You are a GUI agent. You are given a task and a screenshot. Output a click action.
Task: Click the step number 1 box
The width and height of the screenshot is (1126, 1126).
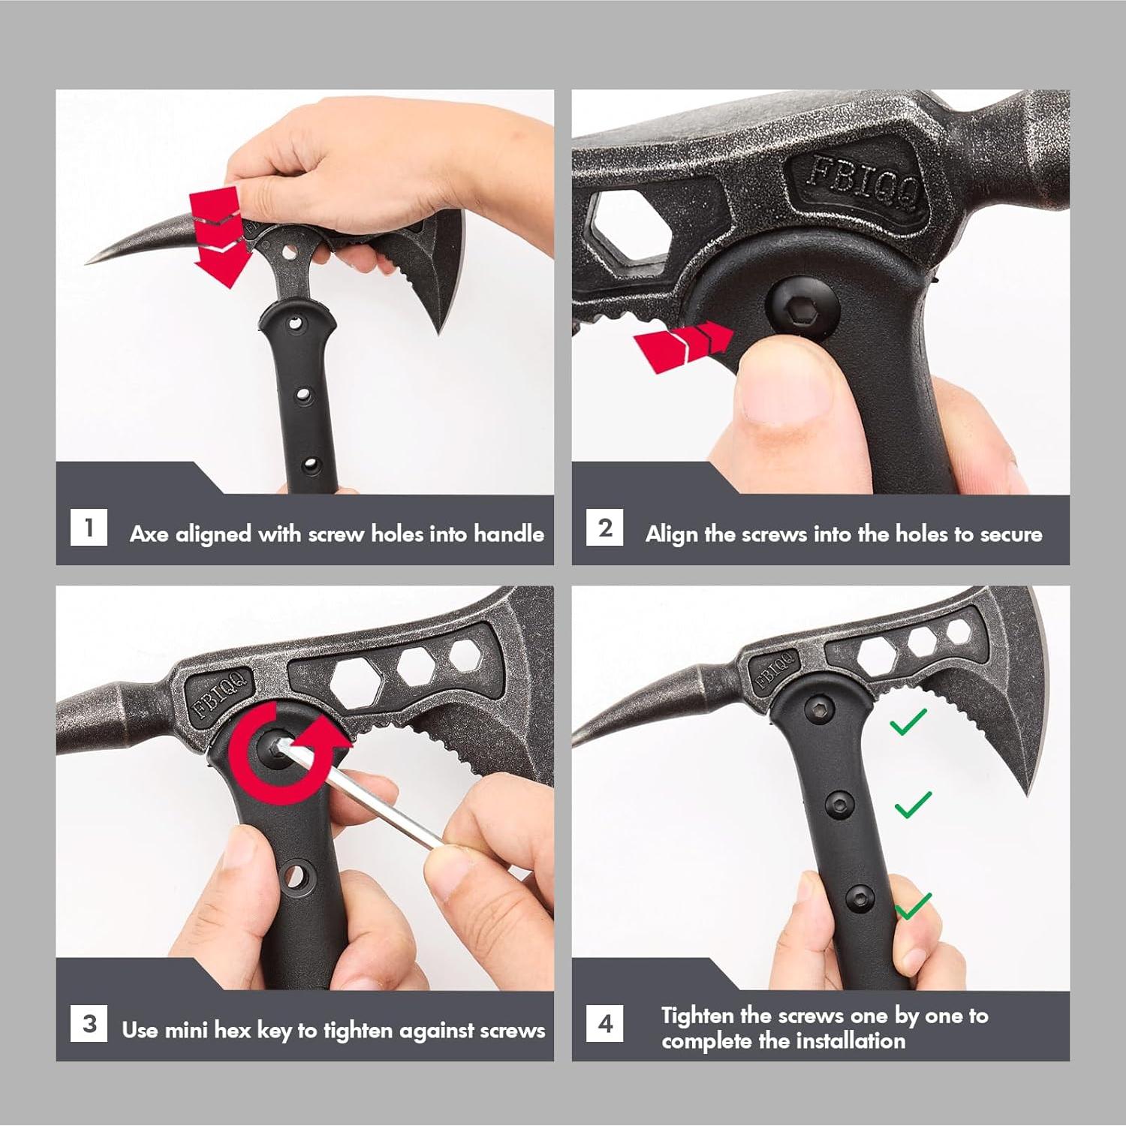[x=89, y=527]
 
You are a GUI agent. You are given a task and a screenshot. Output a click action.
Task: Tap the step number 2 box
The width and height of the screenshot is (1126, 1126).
[x=605, y=527]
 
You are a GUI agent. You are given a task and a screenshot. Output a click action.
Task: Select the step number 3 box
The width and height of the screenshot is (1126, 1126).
[x=89, y=1023]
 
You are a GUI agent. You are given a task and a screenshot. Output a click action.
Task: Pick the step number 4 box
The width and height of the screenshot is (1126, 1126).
[x=605, y=1023]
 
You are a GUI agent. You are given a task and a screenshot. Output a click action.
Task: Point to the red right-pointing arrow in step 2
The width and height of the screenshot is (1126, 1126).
[x=683, y=345]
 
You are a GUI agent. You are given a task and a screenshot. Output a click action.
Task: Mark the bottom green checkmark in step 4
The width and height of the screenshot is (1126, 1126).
[x=914, y=905]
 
